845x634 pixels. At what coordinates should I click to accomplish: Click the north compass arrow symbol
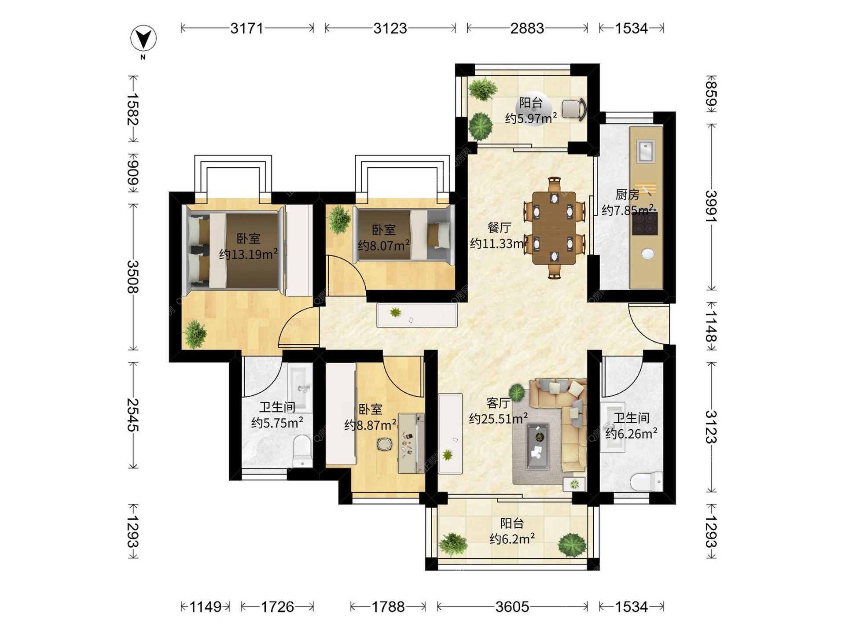click(x=143, y=39)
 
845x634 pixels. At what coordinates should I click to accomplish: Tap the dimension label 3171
click(x=247, y=29)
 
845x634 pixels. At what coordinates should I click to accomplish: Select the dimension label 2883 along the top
click(x=527, y=29)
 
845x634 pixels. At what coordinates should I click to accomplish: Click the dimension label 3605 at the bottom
click(x=512, y=607)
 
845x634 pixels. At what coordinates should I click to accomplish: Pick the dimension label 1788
click(x=388, y=607)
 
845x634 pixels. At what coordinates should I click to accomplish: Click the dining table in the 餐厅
click(x=554, y=228)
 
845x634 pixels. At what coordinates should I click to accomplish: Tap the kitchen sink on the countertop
click(x=646, y=151)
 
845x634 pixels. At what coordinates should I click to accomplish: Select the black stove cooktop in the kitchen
click(x=645, y=223)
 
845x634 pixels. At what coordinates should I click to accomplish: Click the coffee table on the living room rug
click(x=538, y=446)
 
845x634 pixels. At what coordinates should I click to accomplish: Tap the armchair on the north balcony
click(x=574, y=109)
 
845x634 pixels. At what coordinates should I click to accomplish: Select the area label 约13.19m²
click(x=248, y=254)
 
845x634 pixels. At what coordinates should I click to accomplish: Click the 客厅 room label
click(x=498, y=403)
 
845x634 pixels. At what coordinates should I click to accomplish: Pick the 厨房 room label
click(x=627, y=195)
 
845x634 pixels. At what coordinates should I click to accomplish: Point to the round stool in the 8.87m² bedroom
click(x=385, y=444)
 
